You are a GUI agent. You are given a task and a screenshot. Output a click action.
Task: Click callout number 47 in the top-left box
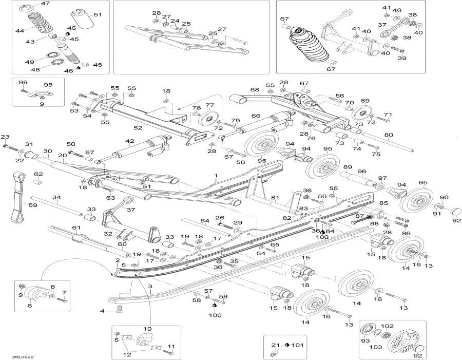point(46,4)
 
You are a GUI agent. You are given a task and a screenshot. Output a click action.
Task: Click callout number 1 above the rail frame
point(217,176)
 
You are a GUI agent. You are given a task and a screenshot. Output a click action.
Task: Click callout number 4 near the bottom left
point(102,311)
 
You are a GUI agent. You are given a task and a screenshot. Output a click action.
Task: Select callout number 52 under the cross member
point(138,128)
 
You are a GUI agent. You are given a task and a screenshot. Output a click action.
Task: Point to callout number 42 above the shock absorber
point(129,141)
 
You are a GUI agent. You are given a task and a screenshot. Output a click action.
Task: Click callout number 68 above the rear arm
point(255,90)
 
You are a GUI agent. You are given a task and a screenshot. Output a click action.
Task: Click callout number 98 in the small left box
point(48,85)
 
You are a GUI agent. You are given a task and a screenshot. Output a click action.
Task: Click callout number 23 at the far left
point(5,137)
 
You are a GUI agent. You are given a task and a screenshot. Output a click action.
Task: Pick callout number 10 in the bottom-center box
point(147,329)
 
